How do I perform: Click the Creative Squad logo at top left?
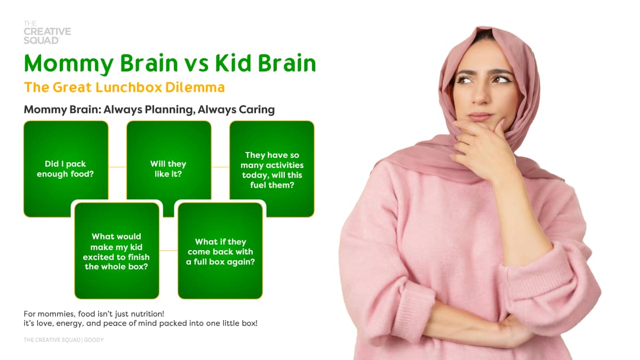[x=47, y=33]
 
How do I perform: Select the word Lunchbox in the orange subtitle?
[x=129, y=87]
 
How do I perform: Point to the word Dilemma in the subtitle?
[x=195, y=87]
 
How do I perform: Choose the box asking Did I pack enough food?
[x=66, y=169]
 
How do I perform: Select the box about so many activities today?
[x=271, y=169]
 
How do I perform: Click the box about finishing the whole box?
[x=117, y=251]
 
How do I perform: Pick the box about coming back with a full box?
[x=220, y=251]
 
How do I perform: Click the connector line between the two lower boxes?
[x=169, y=251]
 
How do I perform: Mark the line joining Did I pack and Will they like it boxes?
[x=117, y=167]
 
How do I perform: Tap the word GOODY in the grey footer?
[x=94, y=340]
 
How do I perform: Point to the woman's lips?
[x=480, y=116]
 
